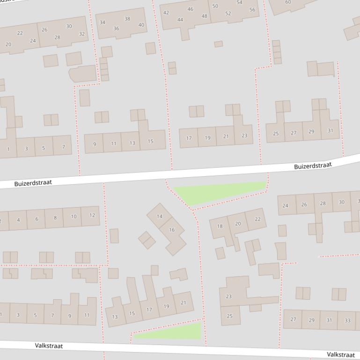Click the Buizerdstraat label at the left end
pyautogui.click(x=33, y=183)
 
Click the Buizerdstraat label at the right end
pyautogui.click(x=313, y=166)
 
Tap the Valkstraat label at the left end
pyautogui.click(x=49, y=346)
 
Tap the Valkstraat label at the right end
pyautogui.click(x=340, y=355)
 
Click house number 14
pyautogui.click(x=160, y=216)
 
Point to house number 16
pyautogui.click(x=172, y=230)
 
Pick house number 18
pyautogui.click(x=220, y=226)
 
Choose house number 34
pyautogui.click(x=103, y=22)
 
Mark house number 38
pyautogui.click(x=127, y=19)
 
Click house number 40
pyautogui.click(x=141, y=25)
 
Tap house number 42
pyautogui.click(x=166, y=13)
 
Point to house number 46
pyautogui.click(x=190, y=9)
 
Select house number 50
pyautogui.click(x=215, y=6)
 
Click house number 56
pyautogui.click(x=252, y=10)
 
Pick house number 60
pyautogui.click(x=288, y=2)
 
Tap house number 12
pyautogui.click(x=92, y=215)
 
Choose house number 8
pyautogui.click(x=55, y=217)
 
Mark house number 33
pyautogui.click(x=347, y=320)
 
